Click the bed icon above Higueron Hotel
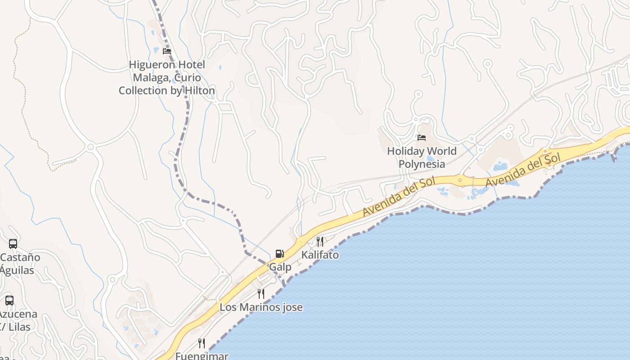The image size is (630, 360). coord(167,51)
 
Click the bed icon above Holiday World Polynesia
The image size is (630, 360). coord(422,137)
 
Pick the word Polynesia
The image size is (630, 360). coord(422,164)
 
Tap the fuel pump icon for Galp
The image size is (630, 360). coord(280,254)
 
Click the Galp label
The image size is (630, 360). coord(280,267)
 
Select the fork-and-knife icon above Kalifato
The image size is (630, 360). coord(319,242)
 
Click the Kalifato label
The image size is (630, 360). coord(319,255)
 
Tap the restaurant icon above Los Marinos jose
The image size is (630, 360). coord(261,294)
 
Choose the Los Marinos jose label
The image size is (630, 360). coord(261,307)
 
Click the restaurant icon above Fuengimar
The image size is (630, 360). coord(202,343)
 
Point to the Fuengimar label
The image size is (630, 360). coord(202,356)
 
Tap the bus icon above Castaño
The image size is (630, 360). coord(13,244)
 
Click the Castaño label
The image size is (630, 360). coord(20,257)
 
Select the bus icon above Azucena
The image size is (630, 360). coord(9,300)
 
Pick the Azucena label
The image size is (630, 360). coord(18,314)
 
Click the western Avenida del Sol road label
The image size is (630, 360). coord(400,196)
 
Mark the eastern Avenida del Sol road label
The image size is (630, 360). coord(523,170)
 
